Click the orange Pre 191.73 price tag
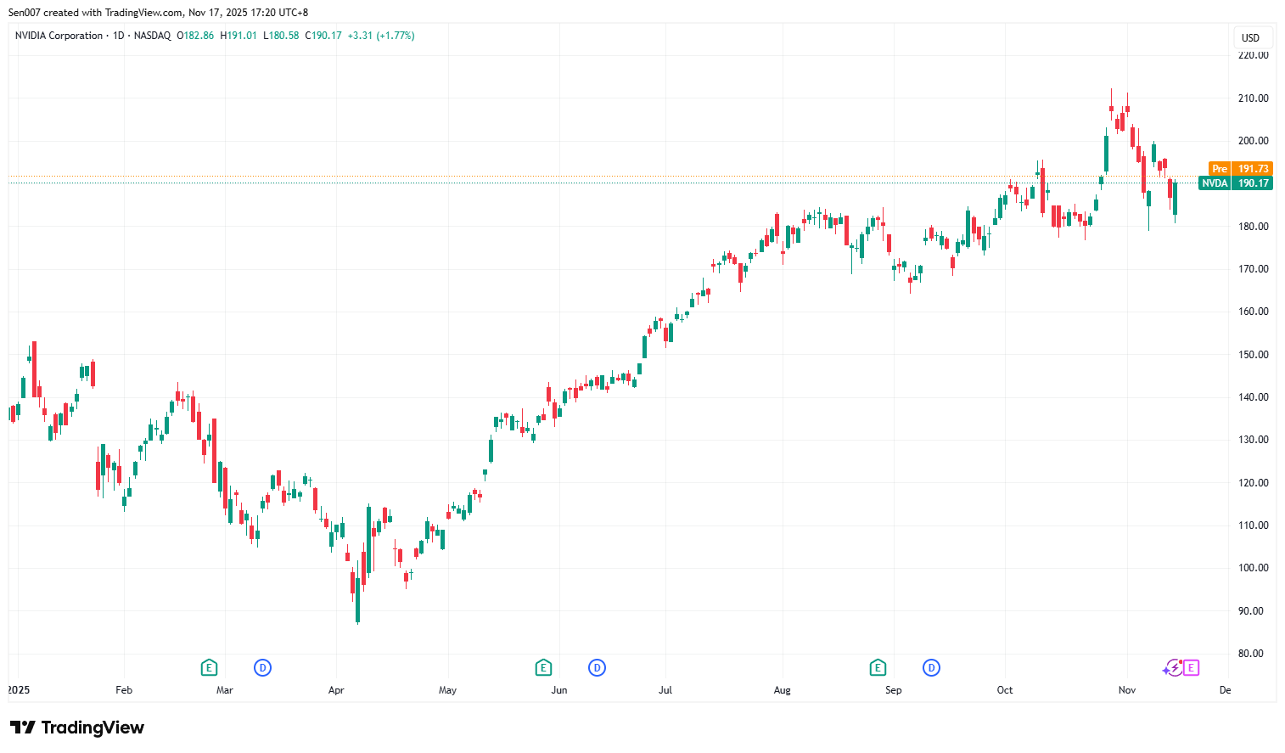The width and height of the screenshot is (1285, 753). click(x=1240, y=169)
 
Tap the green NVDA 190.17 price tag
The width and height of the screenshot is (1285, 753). click(x=1235, y=183)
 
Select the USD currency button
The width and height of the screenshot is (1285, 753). click(x=1250, y=37)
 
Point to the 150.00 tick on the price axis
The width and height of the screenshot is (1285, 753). click(x=1253, y=355)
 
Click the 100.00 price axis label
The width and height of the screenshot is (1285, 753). click(x=1253, y=568)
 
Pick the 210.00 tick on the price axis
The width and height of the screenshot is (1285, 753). click(x=1253, y=98)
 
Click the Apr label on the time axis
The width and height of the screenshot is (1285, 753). click(x=336, y=690)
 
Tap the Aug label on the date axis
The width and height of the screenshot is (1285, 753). click(x=782, y=690)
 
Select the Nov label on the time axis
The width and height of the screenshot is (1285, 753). click(x=1126, y=690)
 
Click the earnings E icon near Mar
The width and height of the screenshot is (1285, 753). click(x=209, y=668)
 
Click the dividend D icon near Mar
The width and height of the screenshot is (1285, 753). click(x=263, y=668)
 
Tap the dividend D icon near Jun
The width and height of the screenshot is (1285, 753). click(x=598, y=668)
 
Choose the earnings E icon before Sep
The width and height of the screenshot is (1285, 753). click(x=878, y=668)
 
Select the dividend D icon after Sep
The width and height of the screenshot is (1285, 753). click(x=932, y=668)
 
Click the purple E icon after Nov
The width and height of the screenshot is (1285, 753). click(x=1191, y=668)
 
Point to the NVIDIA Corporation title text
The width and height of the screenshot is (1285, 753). click(x=59, y=36)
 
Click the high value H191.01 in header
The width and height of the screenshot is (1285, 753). click(x=238, y=36)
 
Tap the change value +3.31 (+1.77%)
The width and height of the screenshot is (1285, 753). click(x=381, y=36)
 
